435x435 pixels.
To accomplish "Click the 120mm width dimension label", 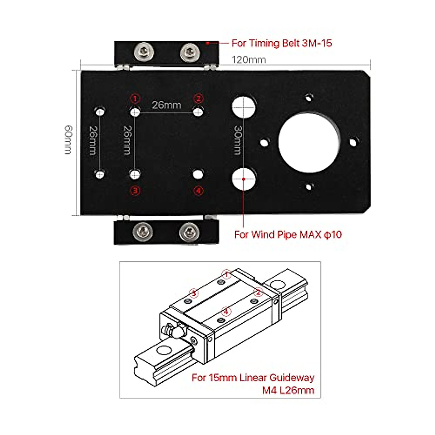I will tap(249, 60).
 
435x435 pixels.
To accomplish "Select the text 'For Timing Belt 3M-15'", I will tap(282, 43).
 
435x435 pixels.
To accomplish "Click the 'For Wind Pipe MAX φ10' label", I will tap(288, 235).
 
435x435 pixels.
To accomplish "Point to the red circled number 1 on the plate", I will tap(135, 99).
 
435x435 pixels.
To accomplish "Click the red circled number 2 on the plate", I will tap(198, 99).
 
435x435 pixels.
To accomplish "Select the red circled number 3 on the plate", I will tap(135, 190).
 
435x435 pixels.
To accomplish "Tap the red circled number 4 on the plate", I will tap(198, 190).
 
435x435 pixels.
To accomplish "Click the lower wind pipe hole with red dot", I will tap(244, 179).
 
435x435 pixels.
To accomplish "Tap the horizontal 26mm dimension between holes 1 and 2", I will tap(166, 105).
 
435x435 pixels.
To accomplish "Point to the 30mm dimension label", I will tap(237, 140).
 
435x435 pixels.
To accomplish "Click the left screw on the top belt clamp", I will tap(144, 52).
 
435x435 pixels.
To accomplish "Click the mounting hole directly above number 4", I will tap(198, 174).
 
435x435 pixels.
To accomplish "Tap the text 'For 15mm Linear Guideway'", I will tap(253, 378).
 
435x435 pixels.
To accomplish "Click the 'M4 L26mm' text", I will tap(288, 390).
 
